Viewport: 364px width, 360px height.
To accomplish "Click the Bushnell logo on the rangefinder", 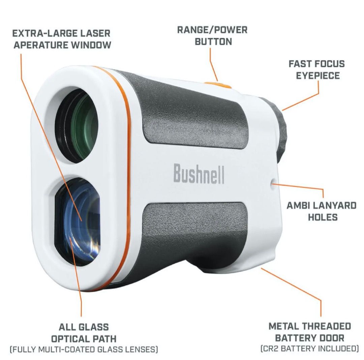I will (x=199, y=173).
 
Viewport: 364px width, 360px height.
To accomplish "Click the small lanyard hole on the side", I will (x=273, y=183).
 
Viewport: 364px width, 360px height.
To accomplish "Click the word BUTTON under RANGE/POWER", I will (x=213, y=41).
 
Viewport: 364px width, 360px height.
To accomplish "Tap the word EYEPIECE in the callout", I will (x=318, y=75).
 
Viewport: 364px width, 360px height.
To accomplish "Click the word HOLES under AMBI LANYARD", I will (x=322, y=217).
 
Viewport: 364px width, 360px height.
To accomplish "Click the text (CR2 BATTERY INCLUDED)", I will (x=310, y=348).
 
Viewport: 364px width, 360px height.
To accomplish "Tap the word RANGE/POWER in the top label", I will (x=212, y=30).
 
